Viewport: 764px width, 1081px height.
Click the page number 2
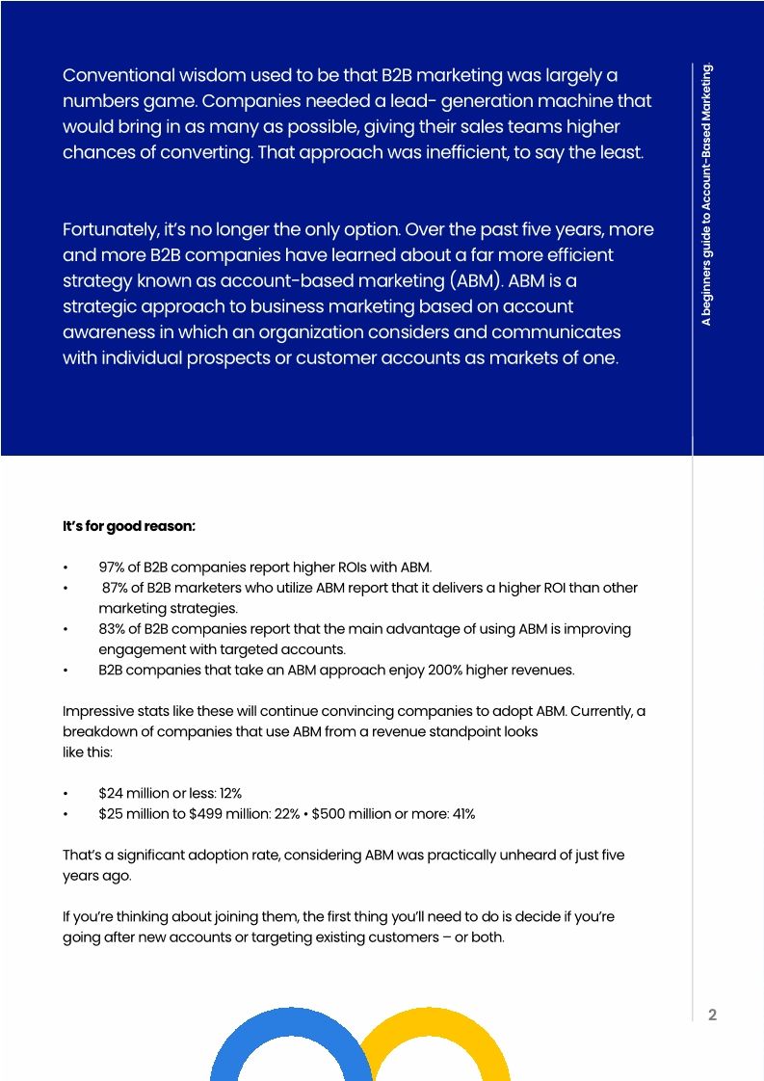712,1015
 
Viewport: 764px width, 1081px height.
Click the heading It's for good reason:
129,527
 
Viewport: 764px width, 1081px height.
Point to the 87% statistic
116,588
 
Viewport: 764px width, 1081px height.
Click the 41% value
463,814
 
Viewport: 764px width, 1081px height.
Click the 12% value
229,794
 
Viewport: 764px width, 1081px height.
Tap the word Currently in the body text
604,712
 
